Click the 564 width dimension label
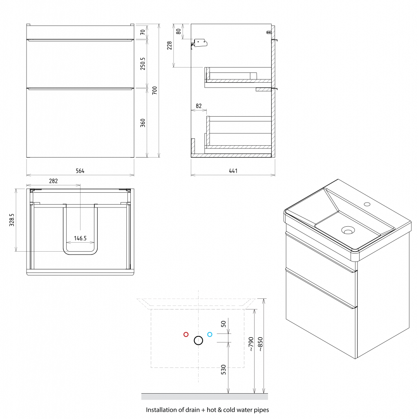80,171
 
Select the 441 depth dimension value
233,171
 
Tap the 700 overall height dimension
154,90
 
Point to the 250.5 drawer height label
143,63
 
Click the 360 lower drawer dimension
143,123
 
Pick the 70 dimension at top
143,32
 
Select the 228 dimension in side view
169,45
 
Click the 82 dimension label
199,106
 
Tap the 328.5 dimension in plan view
12,220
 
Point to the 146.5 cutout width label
80,238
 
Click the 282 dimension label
54,181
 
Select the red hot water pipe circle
186,334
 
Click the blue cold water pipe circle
210,334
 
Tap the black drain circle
198,340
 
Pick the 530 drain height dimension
224,369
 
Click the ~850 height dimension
260,344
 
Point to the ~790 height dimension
250,344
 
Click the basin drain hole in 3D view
348,230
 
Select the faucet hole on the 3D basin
367,204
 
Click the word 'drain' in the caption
193,410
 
